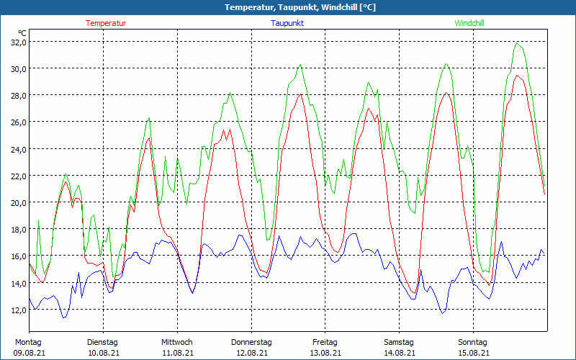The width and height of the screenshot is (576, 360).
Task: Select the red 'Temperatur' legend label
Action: (x=106, y=23)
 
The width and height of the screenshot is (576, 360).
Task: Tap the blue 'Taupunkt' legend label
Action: (x=287, y=23)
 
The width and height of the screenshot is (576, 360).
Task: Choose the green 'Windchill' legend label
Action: (x=469, y=23)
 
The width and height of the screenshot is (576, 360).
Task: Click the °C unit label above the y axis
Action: (x=22, y=32)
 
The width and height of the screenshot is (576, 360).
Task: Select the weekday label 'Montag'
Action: (x=28, y=342)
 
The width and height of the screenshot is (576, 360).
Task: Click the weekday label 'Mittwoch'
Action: (x=176, y=342)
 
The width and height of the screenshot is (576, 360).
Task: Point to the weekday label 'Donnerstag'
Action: (x=251, y=342)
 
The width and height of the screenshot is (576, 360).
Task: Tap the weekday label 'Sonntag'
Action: (x=472, y=342)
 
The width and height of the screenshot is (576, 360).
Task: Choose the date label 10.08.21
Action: (x=102, y=353)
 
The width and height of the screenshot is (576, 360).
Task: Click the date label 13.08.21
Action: (x=325, y=353)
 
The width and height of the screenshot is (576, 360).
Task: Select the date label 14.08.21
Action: (x=399, y=353)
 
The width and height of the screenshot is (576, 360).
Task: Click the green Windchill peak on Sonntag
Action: (x=517, y=42)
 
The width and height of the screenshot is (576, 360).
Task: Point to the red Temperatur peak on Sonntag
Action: (x=516, y=76)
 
